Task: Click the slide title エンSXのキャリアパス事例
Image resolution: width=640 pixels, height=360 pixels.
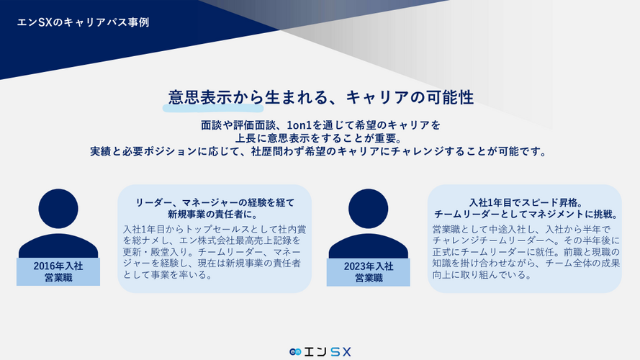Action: pos(83,22)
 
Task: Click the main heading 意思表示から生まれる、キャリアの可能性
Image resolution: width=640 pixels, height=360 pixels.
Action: pos(321,97)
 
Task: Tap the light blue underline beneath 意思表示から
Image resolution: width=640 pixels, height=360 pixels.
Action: pos(213,108)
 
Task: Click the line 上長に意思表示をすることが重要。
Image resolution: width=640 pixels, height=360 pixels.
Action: pos(319,138)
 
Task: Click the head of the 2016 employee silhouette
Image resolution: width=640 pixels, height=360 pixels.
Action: pos(58,209)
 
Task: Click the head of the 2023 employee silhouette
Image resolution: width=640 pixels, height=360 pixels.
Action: pos(368,209)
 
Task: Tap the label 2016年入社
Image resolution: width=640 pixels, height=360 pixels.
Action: pos(58,266)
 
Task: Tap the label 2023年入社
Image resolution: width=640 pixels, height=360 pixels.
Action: pos(369,266)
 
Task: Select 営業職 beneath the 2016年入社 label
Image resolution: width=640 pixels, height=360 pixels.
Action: pos(58,278)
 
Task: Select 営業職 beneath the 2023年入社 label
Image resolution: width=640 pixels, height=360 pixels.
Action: pos(369,279)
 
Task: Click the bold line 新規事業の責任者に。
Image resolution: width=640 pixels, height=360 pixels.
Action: pos(215,214)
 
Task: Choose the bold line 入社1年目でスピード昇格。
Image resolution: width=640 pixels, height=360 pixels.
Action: pos(526,202)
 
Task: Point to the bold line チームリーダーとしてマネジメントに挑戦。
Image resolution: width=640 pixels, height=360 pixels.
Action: pos(526,214)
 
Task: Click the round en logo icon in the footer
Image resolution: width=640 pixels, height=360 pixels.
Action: pos(295,352)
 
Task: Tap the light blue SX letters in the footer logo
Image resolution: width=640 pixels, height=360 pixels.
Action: pos(341,352)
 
